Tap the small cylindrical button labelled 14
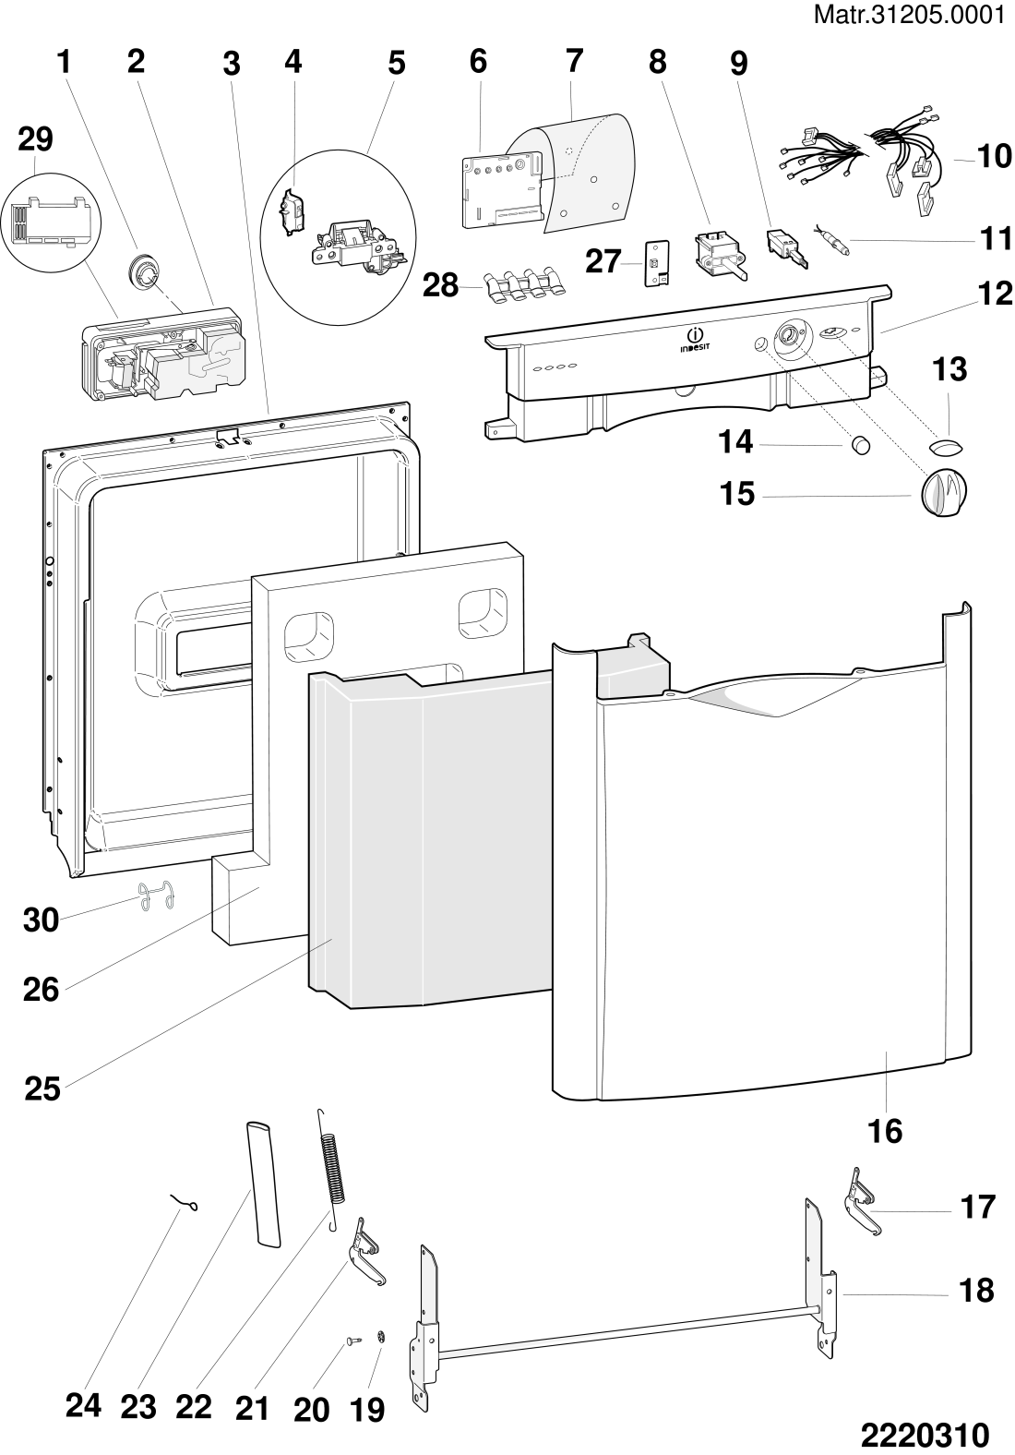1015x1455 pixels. (861, 445)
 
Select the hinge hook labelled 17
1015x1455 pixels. (865, 1201)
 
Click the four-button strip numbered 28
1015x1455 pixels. (523, 283)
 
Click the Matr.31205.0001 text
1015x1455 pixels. (909, 15)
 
